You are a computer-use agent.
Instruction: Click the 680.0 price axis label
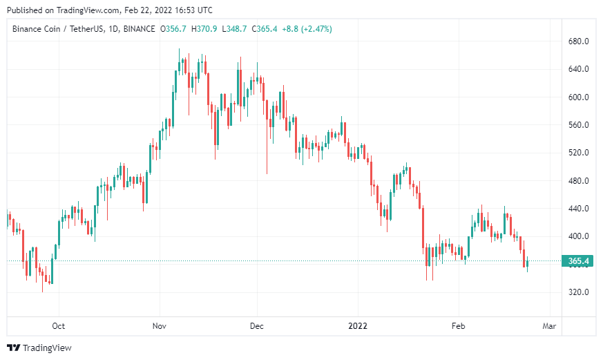click(577, 41)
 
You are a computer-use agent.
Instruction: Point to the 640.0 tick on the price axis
click(577, 69)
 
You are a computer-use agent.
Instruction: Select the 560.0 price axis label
click(577, 125)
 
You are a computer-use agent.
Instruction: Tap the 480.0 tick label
click(577, 181)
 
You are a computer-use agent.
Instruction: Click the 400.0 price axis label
click(577, 236)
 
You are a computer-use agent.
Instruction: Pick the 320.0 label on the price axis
click(577, 292)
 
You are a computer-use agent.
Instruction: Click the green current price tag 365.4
click(578, 261)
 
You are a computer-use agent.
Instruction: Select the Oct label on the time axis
click(59, 325)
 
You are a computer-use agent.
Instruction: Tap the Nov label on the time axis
click(160, 325)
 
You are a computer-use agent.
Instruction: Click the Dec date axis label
click(257, 325)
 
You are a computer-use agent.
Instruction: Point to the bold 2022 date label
click(358, 325)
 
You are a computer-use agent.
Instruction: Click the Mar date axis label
click(550, 325)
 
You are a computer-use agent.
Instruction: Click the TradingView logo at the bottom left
click(39, 348)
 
